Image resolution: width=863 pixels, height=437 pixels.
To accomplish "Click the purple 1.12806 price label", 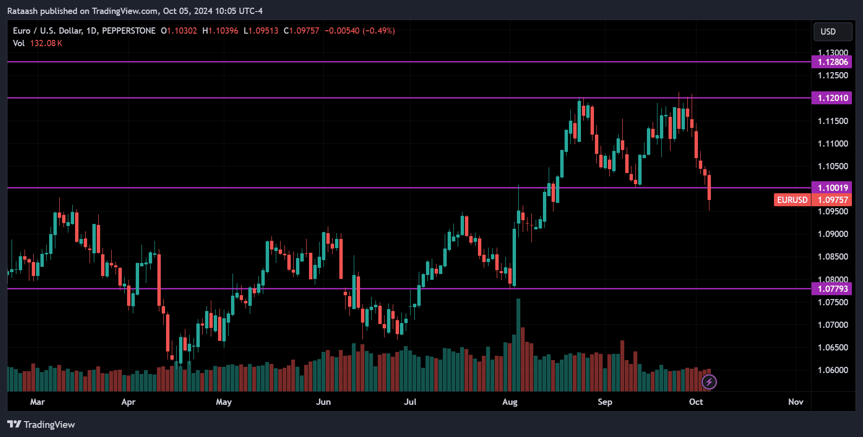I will [x=832, y=62].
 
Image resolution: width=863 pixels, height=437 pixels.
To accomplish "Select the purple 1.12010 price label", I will [x=832, y=98].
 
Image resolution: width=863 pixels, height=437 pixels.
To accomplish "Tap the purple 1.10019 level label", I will [x=832, y=188].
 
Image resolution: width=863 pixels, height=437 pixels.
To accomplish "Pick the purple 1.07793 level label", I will [x=832, y=289].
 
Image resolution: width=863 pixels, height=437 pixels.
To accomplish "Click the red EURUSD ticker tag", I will [x=792, y=200].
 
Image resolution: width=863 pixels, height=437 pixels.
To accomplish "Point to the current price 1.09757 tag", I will [x=833, y=200].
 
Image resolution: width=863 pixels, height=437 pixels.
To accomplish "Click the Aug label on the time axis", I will [x=510, y=402].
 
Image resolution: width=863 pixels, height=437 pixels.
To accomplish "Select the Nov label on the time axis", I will [x=796, y=402].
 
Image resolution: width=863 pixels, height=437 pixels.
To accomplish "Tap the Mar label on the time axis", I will [x=37, y=402].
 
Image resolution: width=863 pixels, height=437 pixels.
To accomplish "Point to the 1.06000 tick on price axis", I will [x=833, y=370].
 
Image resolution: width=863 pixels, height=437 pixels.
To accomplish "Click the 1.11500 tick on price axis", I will [x=833, y=121].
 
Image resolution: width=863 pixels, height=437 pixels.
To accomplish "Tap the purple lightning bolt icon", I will [x=709, y=382].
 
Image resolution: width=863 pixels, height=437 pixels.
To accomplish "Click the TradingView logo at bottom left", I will [x=41, y=425].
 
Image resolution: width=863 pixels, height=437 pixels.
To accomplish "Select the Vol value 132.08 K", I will [x=46, y=43].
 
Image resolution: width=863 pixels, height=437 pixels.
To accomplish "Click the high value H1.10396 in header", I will [x=220, y=31].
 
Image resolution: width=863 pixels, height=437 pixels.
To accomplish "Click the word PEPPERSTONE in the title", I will [x=129, y=31].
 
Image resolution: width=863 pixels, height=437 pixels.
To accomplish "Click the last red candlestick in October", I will [x=709, y=187].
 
